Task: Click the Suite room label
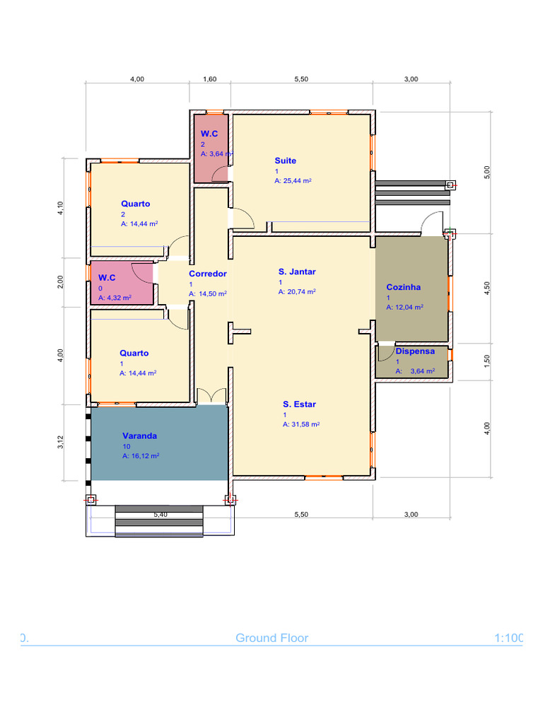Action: pos(286,160)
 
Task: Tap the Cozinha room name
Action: pos(404,287)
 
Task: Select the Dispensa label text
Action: pos(415,351)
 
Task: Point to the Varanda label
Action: pos(139,436)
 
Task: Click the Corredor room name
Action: pos(208,274)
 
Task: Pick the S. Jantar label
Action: pos(297,272)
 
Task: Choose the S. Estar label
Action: pos(299,404)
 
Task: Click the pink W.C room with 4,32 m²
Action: pos(122,283)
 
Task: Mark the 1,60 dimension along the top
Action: pos(209,79)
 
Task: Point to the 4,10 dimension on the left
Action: pos(61,209)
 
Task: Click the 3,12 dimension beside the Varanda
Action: pos(61,443)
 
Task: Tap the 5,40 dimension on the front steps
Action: pos(160,515)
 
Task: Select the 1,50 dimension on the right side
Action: pos(486,361)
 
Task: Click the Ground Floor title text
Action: pos(272,638)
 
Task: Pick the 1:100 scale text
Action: pos(508,638)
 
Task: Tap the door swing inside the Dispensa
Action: pos(385,353)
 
